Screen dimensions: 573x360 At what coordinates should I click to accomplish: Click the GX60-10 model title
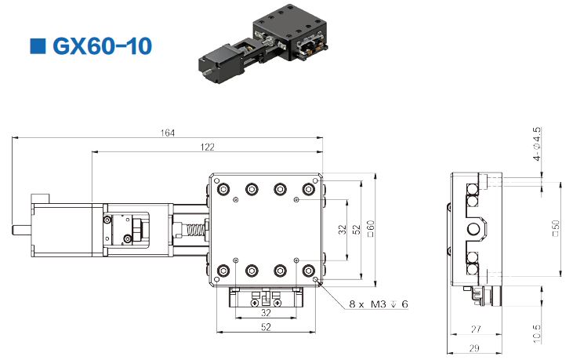tap(103, 46)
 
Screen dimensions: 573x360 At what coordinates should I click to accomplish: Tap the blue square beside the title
tap(38, 46)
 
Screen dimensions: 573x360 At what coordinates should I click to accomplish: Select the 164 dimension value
tap(168, 133)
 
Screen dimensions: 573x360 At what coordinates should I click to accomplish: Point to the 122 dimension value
tap(207, 147)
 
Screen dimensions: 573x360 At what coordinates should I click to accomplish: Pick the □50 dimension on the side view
tap(556, 228)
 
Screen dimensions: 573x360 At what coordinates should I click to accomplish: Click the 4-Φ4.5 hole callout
tap(536, 144)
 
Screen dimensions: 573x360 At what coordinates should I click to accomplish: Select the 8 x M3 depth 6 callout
tap(379, 304)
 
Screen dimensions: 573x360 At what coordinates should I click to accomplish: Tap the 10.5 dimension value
tap(536, 333)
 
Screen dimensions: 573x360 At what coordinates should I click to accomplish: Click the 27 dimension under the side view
tap(476, 329)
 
